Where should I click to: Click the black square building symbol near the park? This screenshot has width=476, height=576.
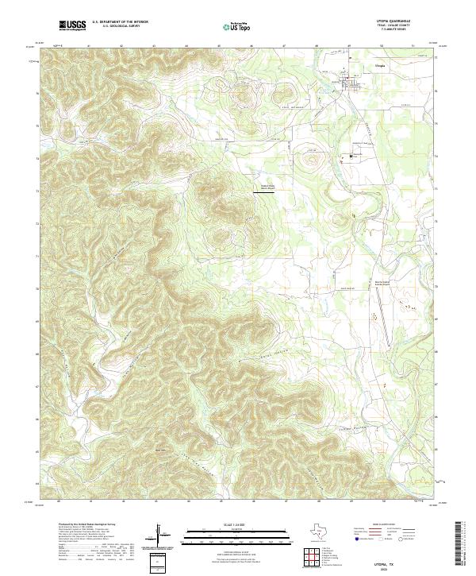pyautogui.click(x=351, y=156)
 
